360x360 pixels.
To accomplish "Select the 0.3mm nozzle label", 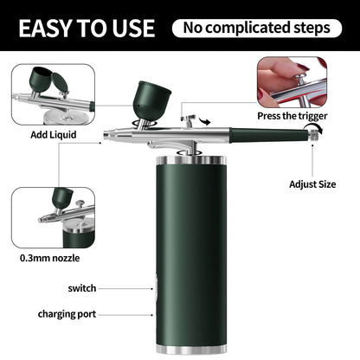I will click(x=50, y=257).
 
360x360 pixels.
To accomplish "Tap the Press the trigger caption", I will click(x=292, y=115).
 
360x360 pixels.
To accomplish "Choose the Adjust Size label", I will click(x=312, y=183).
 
